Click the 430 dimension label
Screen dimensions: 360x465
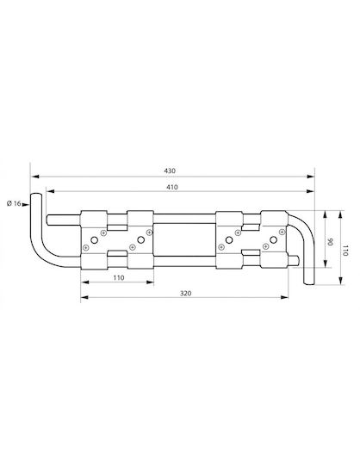tap(170, 170)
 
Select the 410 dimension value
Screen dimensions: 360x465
tap(172, 187)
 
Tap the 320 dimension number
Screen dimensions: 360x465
tap(186, 294)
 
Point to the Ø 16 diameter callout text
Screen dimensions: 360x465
tap(14, 203)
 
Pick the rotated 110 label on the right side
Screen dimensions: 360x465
tap(345, 251)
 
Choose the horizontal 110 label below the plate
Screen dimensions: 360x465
tap(119, 278)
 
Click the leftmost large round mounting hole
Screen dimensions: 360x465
tap(94, 240)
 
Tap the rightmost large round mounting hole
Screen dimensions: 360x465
tap(273, 239)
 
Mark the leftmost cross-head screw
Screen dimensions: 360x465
tap(86, 247)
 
